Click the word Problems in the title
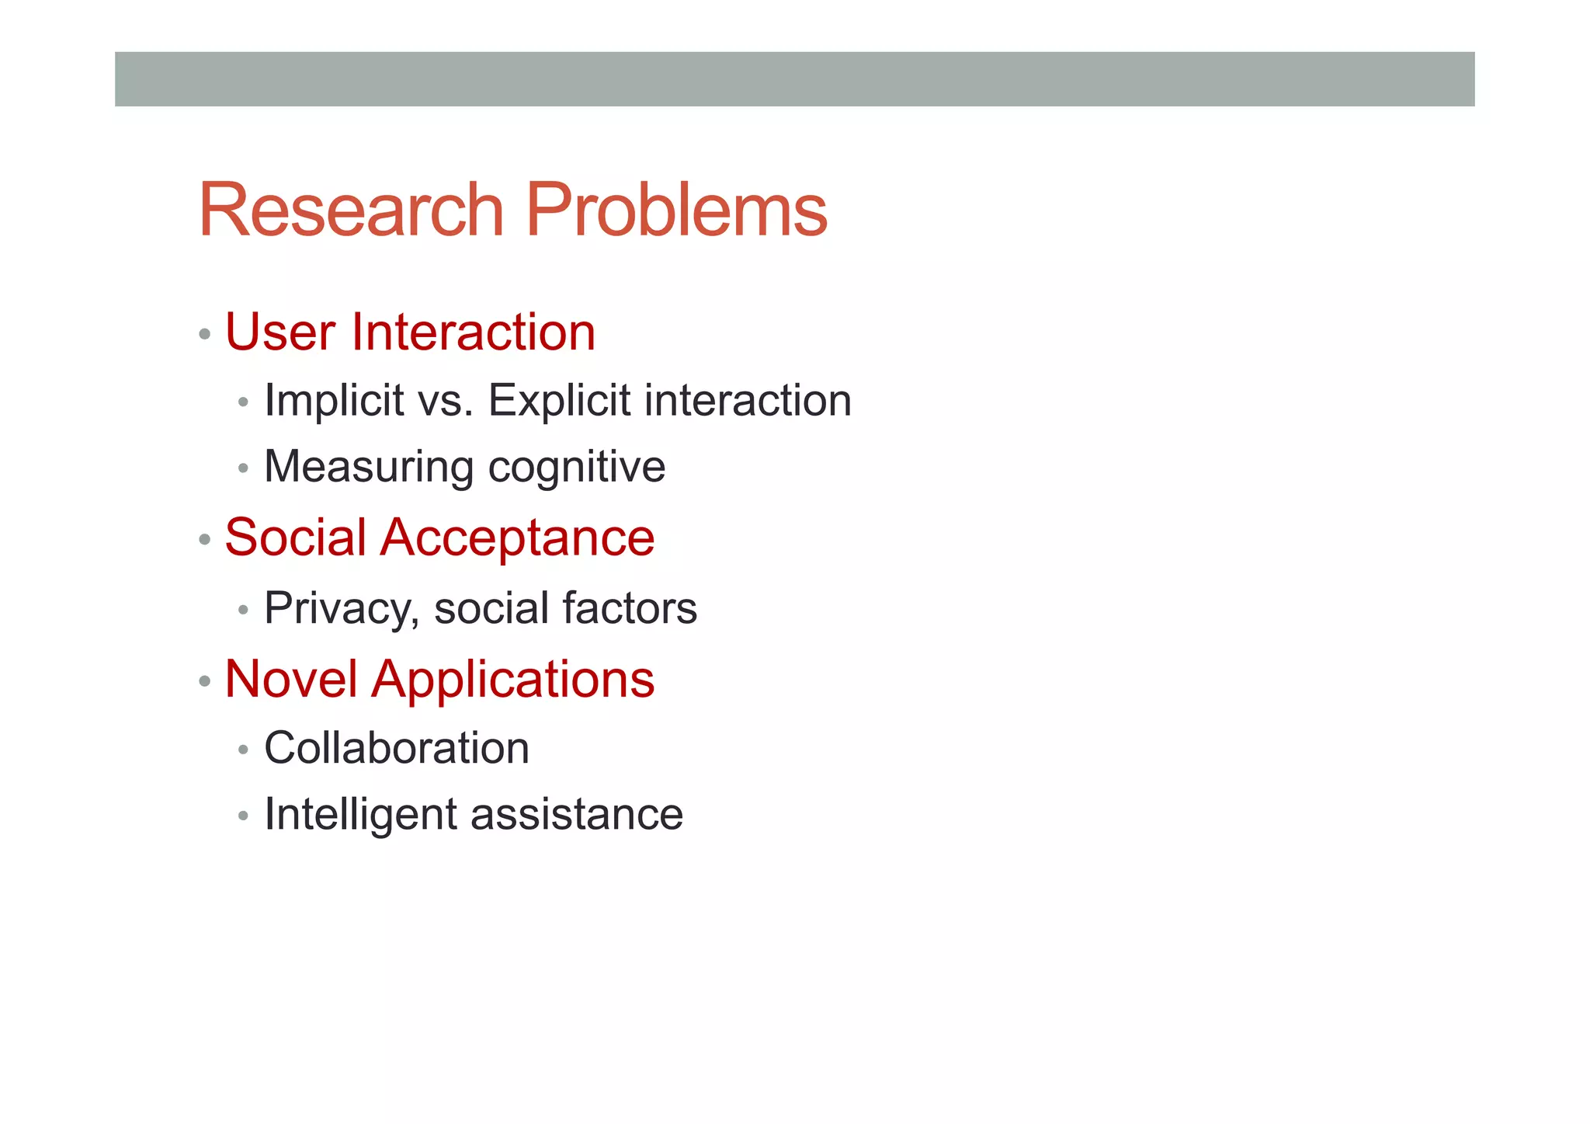pos(676,211)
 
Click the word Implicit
pos(335,402)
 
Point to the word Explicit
pos(559,401)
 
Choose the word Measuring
pos(369,468)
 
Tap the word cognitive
pos(577,468)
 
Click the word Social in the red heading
pos(295,538)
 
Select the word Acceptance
pos(517,538)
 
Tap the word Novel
pos(291,679)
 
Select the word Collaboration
pos(397,749)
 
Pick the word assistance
pos(576,815)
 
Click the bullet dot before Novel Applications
pos(205,681)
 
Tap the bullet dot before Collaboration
pos(244,750)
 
